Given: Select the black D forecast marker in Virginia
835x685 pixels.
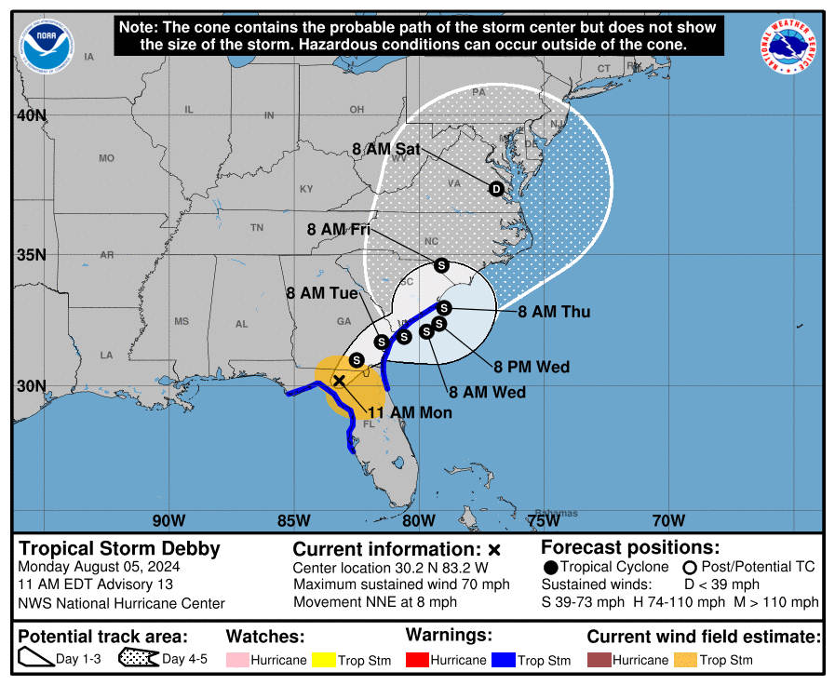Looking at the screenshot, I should [x=496, y=189].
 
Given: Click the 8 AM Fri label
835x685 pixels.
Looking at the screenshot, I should [x=339, y=229].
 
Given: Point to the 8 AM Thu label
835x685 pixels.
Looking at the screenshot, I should [x=554, y=312].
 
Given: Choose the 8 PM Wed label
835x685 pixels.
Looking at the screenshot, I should [x=532, y=367].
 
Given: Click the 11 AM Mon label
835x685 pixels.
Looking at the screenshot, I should [x=410, y=412].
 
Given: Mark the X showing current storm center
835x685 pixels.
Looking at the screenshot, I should [x=340, y=380].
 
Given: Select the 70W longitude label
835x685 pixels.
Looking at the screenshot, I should [x=668, y=519].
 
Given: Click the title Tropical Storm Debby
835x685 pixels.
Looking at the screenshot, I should [x=120, y=547].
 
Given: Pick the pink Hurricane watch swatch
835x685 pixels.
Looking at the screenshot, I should [x=242, y=660].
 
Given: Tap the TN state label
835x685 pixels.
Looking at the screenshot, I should [x=258, y=227].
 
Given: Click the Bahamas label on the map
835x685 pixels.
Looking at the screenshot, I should [x=558, y=513].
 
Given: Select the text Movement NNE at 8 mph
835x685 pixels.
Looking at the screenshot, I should [x=375, y=602].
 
